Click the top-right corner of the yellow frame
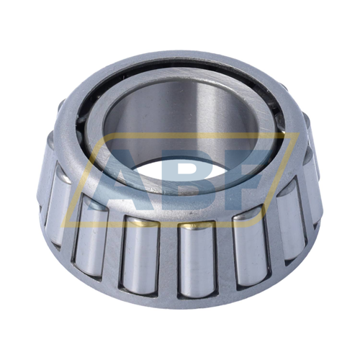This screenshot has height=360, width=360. point(299,133)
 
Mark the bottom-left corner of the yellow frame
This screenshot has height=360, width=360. point(61,226)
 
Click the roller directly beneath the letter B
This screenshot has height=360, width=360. point(197,258)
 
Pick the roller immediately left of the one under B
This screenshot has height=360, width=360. point(140,254)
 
